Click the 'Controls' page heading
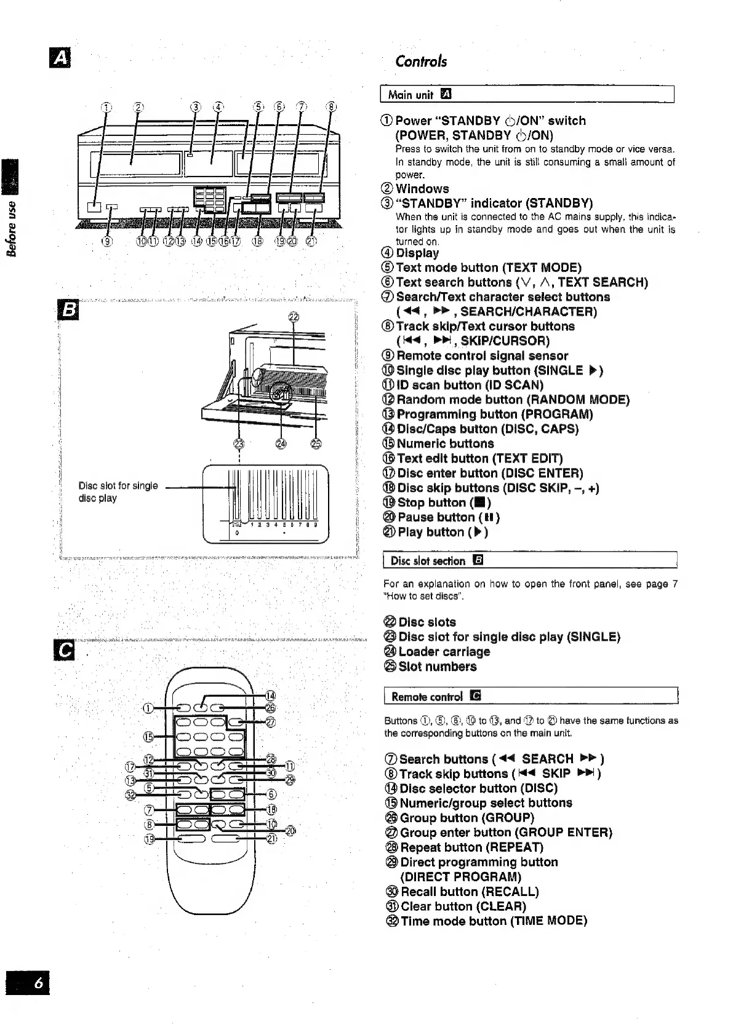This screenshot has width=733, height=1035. [421, 61]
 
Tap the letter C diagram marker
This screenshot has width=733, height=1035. [65, 651]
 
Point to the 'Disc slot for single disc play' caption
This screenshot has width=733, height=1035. [118, 491]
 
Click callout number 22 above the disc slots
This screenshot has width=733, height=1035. [294, 317]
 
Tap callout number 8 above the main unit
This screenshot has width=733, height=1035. [331, 106]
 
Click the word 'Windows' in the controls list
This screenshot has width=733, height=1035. [422, 189]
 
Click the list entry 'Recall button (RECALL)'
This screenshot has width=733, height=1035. [469, 892]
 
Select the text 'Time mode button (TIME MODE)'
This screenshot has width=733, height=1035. [494, 921]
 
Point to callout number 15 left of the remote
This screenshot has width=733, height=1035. [148, 737]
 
